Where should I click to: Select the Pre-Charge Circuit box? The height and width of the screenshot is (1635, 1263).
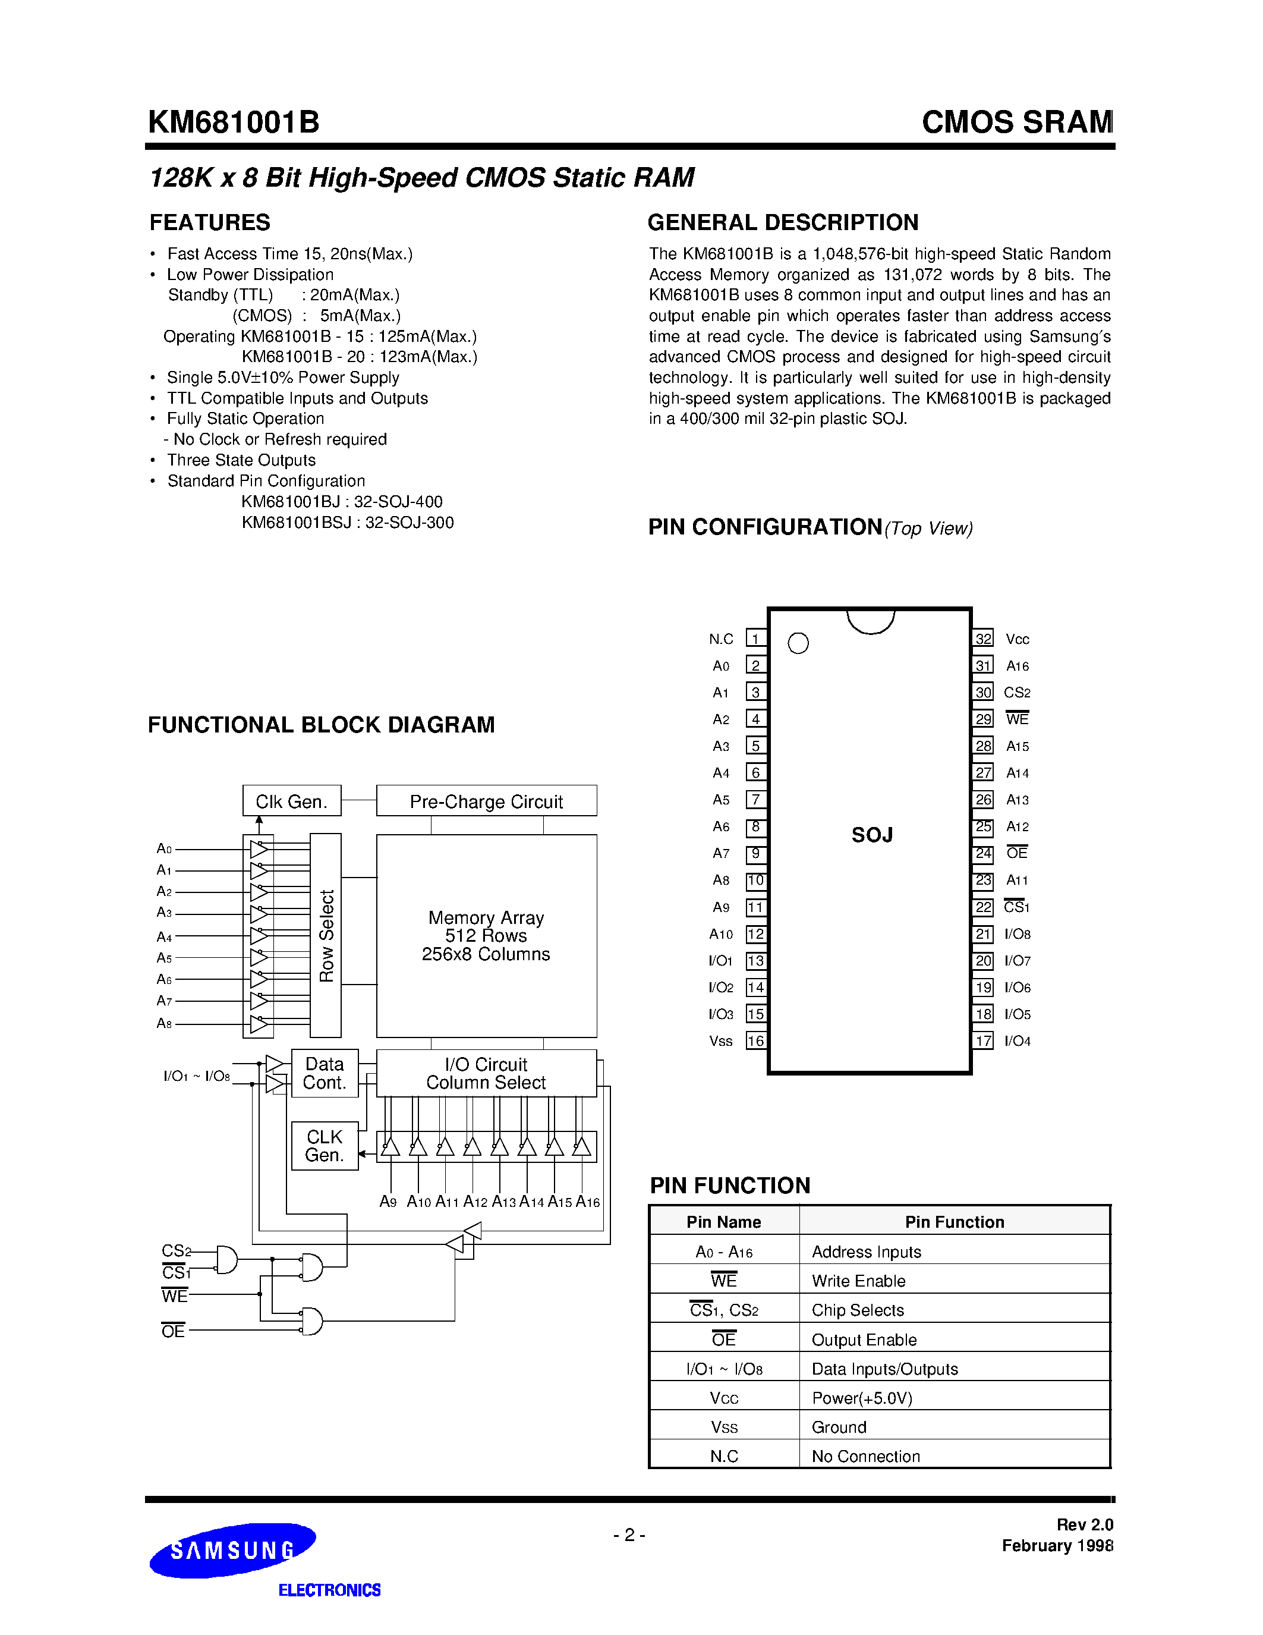tap(486, 801)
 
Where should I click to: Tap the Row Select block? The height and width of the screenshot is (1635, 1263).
tap(326, 935)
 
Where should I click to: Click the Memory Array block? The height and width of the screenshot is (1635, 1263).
tap(486, 936)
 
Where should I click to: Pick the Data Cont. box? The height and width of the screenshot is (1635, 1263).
tap(324, 1073)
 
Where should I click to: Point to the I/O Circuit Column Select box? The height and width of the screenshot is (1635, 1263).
tap(486, 1073)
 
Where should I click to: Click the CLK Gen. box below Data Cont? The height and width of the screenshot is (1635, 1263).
tap(324, 1146)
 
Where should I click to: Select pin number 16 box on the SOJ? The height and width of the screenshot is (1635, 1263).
tap(755, 1040)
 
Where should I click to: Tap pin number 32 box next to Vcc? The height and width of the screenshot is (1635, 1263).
tap(983, 639)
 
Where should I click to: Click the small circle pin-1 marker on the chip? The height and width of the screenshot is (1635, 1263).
tap(798, 643)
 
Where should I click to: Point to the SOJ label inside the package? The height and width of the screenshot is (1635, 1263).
tap(872, 835)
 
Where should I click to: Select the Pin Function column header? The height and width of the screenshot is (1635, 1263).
tap(954, 1222)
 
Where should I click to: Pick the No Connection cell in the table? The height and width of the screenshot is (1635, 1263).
tap(866, 1456)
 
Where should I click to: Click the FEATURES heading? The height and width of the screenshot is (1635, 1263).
tap(209, 222)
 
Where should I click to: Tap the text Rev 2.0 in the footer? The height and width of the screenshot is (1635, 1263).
tap(1084, 1524)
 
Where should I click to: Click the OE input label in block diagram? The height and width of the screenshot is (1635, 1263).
tap(173, 1331)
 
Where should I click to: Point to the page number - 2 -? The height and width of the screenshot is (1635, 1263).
tap(629, 1535)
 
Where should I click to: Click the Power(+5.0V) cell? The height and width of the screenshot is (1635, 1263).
tap(862, 1398)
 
